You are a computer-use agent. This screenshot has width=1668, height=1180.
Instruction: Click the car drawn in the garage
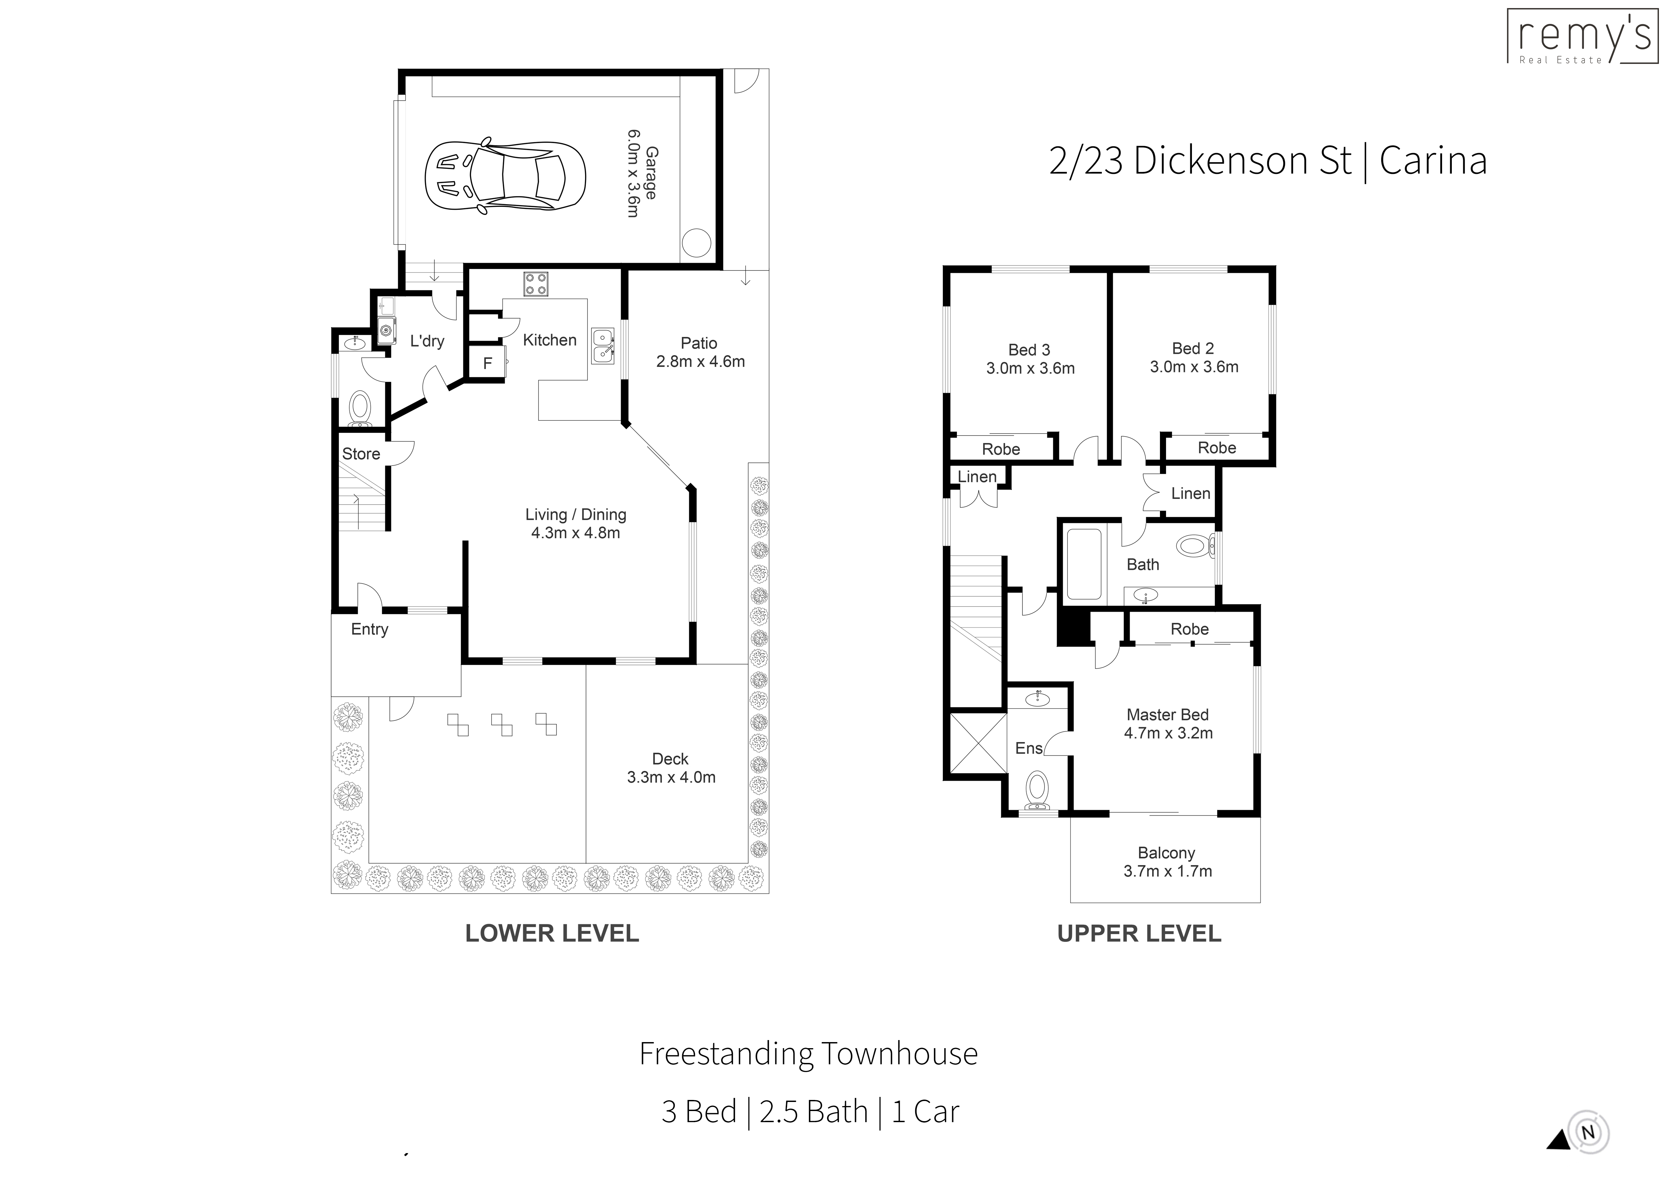point(505,175)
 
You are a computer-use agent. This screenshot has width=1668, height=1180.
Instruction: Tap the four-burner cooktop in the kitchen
point(536,283)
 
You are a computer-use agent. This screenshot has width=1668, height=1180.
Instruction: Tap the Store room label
point(361,454)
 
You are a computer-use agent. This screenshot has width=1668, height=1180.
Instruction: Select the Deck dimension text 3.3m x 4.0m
point(671,777)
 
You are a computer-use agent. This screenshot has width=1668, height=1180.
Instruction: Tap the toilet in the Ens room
point(1038,790)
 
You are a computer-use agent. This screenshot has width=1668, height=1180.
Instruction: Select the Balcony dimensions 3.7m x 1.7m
point(1167,871)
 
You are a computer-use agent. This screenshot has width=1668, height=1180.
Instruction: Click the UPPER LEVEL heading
point(1139,934)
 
